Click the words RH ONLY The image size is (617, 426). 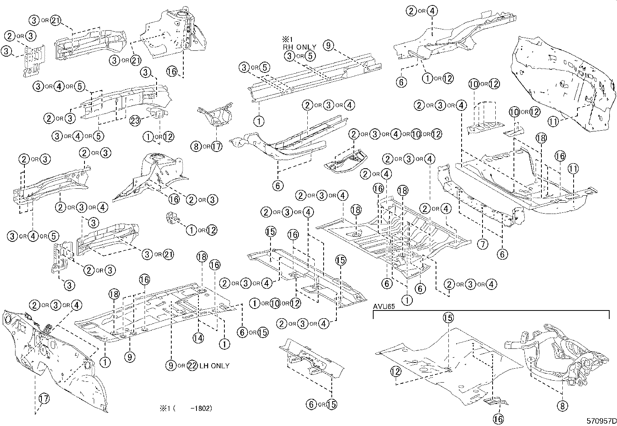pos(299,47)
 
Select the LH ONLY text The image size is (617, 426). pos(215,366)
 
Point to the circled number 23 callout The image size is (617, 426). pos(135,121)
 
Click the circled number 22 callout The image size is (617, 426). pos(192,366)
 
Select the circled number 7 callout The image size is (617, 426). pos(482,244)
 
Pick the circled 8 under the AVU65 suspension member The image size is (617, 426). pos(562,405)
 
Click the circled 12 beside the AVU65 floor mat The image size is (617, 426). pos(395,372)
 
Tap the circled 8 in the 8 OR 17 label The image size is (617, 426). pos(196,147)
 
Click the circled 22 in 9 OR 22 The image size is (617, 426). pos(192,366)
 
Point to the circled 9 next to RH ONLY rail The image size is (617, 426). pos(328,46)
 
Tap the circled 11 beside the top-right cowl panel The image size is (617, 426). pos(553,121)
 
